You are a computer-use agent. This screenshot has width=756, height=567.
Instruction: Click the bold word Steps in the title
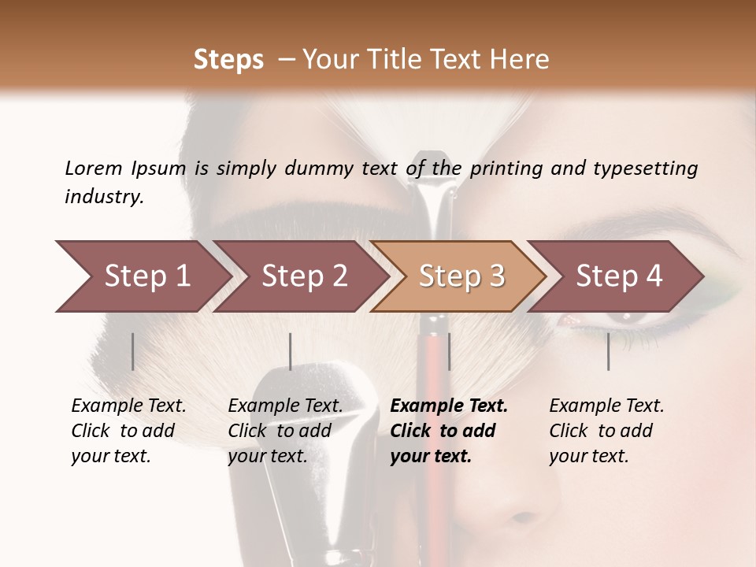pos(228,60)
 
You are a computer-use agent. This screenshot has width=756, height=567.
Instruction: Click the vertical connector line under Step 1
pos(132,351)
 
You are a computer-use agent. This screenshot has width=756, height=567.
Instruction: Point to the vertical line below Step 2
pos(291,351)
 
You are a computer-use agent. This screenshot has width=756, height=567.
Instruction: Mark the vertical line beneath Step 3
pos(449,351)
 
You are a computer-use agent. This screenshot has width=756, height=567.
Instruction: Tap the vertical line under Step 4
pos(608,351)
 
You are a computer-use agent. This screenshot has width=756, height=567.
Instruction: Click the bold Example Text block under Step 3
pos(449,431)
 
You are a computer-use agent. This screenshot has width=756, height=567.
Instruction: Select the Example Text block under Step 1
pos(129,431)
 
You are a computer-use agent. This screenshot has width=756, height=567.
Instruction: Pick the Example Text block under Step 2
pos(286,431)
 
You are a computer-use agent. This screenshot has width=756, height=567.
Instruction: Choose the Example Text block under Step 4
pos(607,431)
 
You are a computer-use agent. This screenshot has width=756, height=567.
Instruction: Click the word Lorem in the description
pos(94,169)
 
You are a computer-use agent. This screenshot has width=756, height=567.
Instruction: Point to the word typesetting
pos(645,169)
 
